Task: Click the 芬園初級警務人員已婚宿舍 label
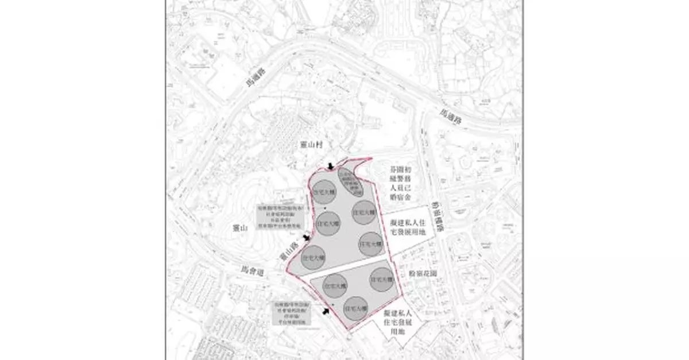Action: pos(400,186)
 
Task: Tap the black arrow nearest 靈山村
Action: pos(330,167)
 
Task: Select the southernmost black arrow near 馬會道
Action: pos(327,311)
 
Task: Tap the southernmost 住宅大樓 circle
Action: pos(356,309)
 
